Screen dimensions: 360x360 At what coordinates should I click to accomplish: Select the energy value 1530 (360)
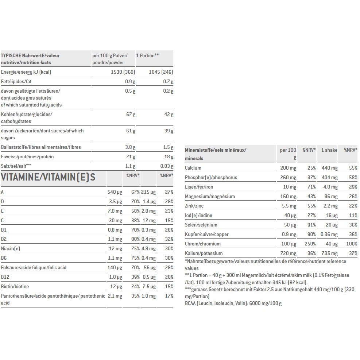click(x=123, y=72)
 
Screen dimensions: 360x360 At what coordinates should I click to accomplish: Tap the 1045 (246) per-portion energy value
click(x=161, y=72)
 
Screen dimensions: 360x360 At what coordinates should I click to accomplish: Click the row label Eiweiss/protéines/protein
click(x=27, y=156)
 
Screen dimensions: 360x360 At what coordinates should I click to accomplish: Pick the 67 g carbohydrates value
click(x=131, y=115)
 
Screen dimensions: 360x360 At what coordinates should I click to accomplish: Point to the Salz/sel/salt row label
click(x=16, y=166)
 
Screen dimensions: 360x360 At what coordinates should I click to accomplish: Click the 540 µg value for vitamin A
click(x=115, y=192)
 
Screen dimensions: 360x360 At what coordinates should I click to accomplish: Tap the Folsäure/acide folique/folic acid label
click(x=34, y=267)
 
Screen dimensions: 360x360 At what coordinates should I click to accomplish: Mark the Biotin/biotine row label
click(x=15, y=286)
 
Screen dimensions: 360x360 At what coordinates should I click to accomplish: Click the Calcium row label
click(x=193, y=168)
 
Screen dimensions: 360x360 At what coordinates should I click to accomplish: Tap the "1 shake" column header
click(x=329, y=150)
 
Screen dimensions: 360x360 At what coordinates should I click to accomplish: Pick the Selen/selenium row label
click(x=201, y=225)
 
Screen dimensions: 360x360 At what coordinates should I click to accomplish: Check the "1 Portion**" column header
click(x=147, y=55)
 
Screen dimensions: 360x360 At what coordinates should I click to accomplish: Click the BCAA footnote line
click(x=233, y=303)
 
